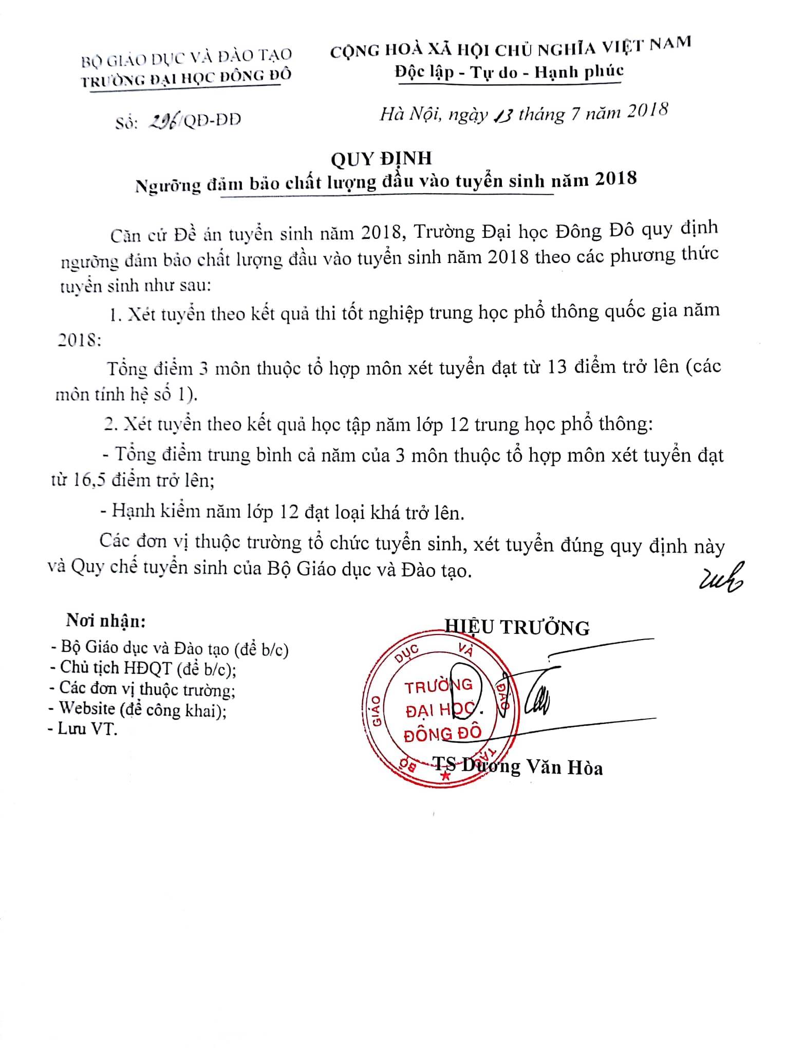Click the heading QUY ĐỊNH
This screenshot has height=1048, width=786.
tap(381, 159)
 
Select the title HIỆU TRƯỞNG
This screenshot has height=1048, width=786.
tap(517, 627)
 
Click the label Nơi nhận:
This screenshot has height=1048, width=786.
tap(105, 621)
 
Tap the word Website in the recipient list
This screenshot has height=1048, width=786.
tap(87, 708)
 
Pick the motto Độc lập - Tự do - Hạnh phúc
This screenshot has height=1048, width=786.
tap(509, 72)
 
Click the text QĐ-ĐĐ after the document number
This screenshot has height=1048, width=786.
tap(212, 120)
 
